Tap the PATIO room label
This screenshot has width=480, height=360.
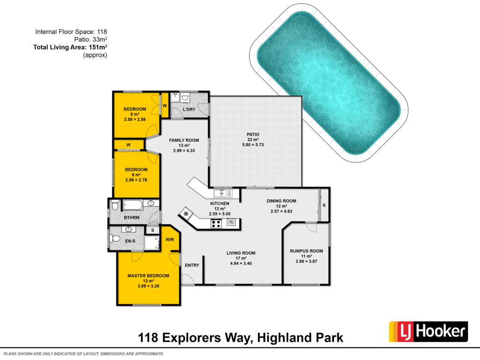tap(253, 134)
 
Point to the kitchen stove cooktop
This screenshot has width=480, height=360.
tap(216, 224)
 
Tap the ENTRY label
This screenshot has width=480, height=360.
tap(192, 265)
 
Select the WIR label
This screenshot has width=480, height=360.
tap(170, 240)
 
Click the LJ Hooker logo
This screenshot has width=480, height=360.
tap(428, 332)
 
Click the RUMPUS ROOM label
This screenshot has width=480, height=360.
tap(307, 251)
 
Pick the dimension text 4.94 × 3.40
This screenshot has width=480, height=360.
tap(241, 263)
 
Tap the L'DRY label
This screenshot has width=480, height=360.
tap(189, 110)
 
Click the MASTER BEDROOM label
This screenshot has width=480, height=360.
tap(148, 276)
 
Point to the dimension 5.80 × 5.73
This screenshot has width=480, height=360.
tap(253, 145)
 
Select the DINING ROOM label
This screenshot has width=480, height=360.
tap(281, 201)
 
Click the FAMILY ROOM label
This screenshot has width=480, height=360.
tap(184, 140)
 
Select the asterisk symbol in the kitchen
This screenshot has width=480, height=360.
tap(187, 214)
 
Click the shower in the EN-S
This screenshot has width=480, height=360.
tap(151, 242)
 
